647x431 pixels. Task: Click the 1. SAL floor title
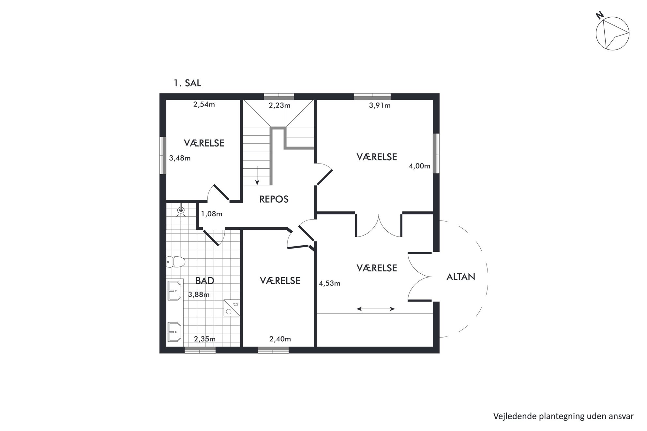click(187, 83)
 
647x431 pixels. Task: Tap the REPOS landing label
click(274, 199)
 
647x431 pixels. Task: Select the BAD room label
click(205, 280)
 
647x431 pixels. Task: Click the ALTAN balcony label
click(460, 277)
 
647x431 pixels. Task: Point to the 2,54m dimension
click(204, 105)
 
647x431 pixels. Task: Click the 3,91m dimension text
click(380, 106)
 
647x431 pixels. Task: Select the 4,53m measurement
click(329, 283)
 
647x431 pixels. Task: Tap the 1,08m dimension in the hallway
click(212, 214)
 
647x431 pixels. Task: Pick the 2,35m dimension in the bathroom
click(205, 339)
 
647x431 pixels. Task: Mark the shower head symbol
click(181, 211)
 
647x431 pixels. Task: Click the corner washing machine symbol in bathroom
click(232, 308)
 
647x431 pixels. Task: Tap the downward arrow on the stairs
click(257, 176)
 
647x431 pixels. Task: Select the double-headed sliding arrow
click(376, 309)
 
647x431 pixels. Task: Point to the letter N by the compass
click(599, 24)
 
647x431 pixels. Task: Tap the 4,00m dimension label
click(420, 166)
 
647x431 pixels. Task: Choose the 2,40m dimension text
click(280, 339)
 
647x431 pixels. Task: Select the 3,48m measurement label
click(180, 158)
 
